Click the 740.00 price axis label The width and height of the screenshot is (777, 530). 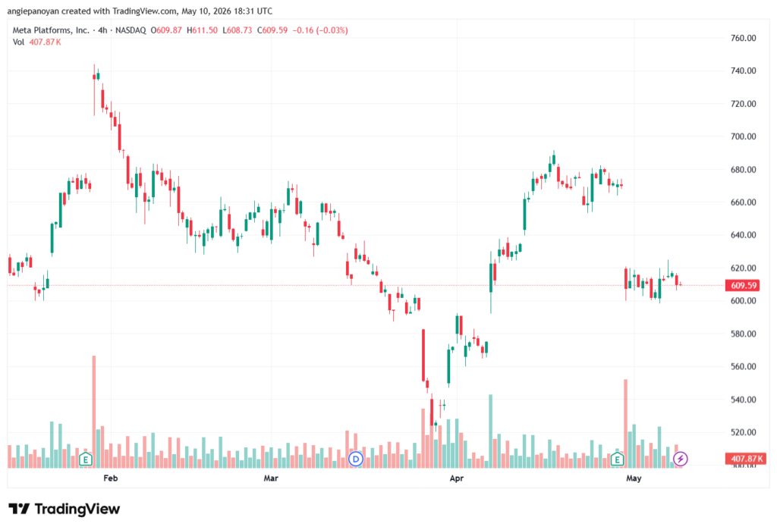(x=743, y=71)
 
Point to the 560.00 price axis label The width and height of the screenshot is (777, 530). (x=743, y=366)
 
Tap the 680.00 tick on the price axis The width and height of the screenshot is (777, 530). (x=743, y=169)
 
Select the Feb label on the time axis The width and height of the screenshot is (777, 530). (x=111, y=478)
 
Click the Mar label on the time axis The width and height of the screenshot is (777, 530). (x=271, y=478)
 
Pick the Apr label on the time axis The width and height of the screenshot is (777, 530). (x=456, y=478)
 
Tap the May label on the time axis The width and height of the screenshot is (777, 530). (x=634, y=478)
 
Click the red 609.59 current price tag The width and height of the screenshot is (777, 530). (x=744, y=285)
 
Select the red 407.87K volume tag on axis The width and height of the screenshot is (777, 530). (x=746, y=459)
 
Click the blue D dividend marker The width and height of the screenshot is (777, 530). (x=355, y=459)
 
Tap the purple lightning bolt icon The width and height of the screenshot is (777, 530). (x=681, y=459)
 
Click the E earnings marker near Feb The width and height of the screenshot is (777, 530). (x=85, y=459)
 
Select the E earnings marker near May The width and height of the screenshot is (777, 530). (x=617, y=459)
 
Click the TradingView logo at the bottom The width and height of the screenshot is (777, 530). (x=64, y=509)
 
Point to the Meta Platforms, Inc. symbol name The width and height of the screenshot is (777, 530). (x=51, y=30)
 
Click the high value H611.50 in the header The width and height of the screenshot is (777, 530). (x=202, y=30)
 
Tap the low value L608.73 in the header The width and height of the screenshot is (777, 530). (x=238, y=30)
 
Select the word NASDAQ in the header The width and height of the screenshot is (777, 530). (x=131, y=30)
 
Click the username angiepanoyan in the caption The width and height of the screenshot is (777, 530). (x=33, y=11)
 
